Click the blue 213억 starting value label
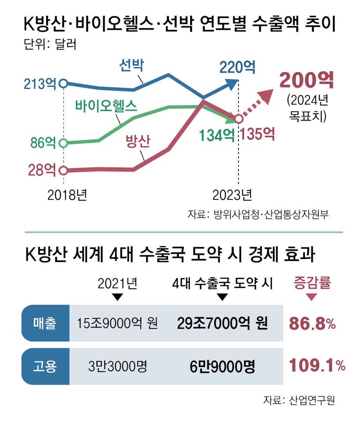(x=40, y=83)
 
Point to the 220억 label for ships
(x=238, y=67)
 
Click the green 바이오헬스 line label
(x=106, y=106)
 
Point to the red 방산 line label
(x=138, y=141)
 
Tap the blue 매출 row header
(x=45, y=323)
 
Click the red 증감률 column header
(x=312, y=284)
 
